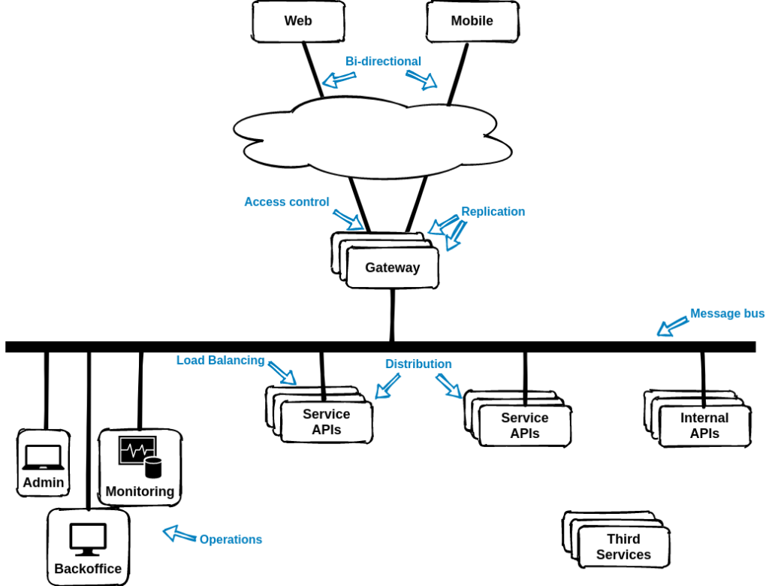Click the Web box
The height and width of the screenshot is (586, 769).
[297, 21]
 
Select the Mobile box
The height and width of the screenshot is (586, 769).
[472, 21]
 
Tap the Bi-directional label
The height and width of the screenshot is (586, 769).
[383, 61]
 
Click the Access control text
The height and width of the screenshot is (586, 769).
[287, 202]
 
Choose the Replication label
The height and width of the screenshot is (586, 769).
[493, 212]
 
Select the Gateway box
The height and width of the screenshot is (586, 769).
[392, 267]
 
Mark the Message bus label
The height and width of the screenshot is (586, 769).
[727, 313]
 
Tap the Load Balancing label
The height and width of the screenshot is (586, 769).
[220, 361]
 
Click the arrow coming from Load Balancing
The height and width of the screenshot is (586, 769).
[283, 373]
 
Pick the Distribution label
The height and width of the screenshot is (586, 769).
[418, 364]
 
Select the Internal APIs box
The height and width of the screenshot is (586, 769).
[704, 425]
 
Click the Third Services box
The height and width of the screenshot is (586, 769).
[623, 547]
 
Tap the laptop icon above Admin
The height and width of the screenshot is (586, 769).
[43, 456]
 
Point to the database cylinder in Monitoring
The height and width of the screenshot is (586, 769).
[153, 468]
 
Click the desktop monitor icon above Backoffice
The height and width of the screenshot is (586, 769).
[88, 538]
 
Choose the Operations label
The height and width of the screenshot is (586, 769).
[231, 539]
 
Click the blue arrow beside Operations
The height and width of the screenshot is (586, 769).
[178, 533]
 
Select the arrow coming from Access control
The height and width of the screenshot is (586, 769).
[348, 219]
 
